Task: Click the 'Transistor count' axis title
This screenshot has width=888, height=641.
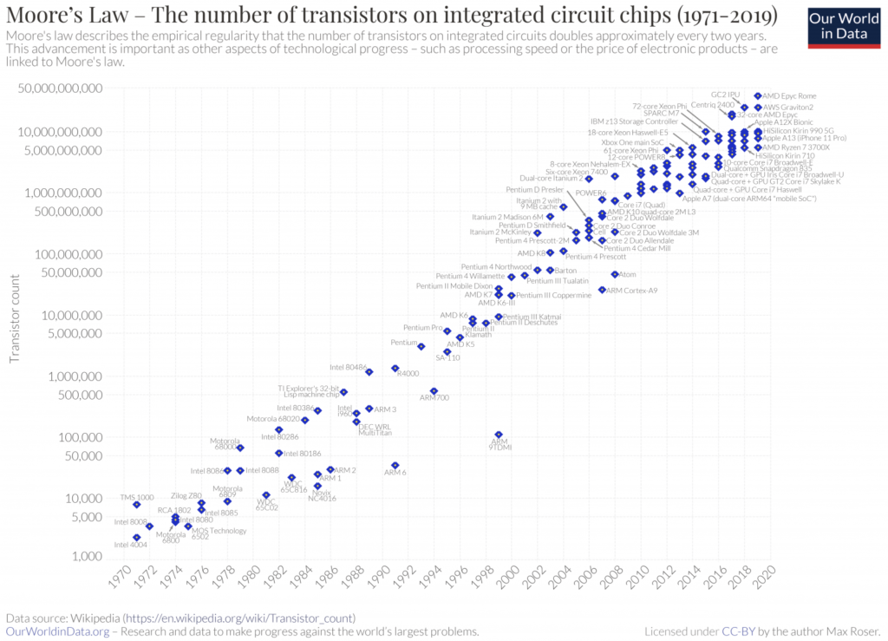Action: [x=15, y=319]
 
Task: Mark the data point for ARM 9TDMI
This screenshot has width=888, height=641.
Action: [x=499, y=435]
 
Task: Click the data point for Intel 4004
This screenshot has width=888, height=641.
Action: [x=137, y=538]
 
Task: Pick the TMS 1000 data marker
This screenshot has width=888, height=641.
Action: [x=137, y=505]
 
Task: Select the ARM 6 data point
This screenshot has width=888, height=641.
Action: [x=395, y=466]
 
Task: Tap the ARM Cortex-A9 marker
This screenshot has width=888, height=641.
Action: [x=602, y=290]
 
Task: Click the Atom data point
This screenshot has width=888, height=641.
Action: [x=615, y=275]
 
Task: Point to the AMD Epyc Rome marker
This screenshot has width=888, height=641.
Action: [x=758, y=96]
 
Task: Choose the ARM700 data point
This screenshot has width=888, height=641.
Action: [x=434, y=391]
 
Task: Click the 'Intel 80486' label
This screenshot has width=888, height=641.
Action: [x=348, y=367]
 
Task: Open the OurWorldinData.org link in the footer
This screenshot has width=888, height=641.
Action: [x=59, y=631]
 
